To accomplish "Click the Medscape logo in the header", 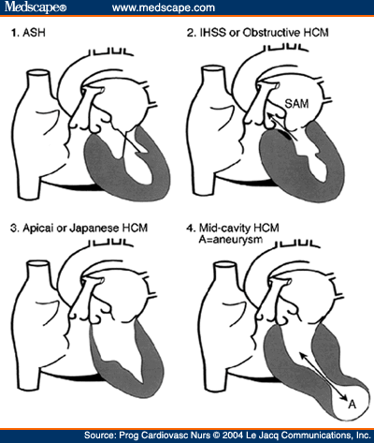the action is coord(36,7).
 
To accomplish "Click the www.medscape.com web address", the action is coord(164,7).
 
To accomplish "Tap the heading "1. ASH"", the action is coord(28,33).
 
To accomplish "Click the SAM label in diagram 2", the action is coord(296,104).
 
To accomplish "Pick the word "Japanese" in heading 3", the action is coord(93,228).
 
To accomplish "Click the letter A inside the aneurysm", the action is coord(352,405).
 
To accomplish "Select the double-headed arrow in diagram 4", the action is coord(323,376).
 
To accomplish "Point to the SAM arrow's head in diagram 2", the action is coord(269,116).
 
